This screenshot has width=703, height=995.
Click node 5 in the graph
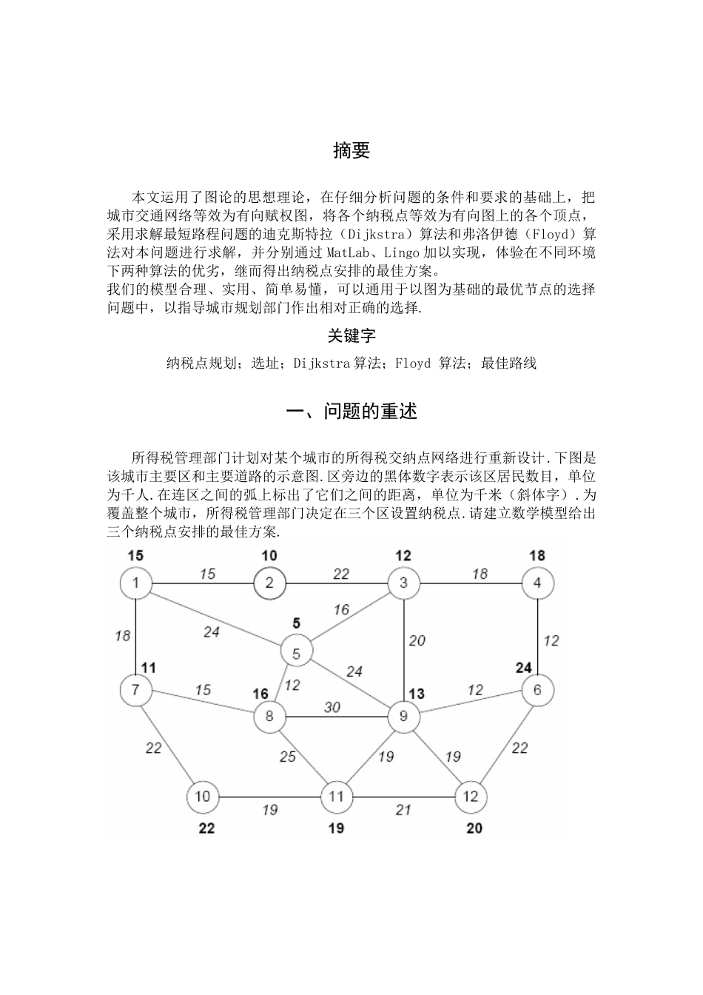(x=297, y=653)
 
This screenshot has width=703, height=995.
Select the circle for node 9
(x=403, y=717)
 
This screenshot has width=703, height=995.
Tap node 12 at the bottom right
(x=471, y=797)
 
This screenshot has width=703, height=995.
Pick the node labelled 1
(x=136, y=583)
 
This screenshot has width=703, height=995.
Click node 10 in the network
(x=203, y=797)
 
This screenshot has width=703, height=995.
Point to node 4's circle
(x=537, y=583)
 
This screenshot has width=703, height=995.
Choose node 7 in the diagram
(x=136, y=690)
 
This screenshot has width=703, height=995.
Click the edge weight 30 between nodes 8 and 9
(x=332, y=708)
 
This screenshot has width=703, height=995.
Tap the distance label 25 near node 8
(x=288, y=756)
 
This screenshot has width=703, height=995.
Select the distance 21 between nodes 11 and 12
(x=403, y=810)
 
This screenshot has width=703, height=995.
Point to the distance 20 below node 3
(x=417, y=640)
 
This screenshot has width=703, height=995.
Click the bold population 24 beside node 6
(x=524, y=668)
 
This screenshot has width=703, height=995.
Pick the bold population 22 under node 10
(x=206, y=828)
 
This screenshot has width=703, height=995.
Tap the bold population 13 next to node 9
(x=417, y=694)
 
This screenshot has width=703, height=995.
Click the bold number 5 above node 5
(x=297, y=623)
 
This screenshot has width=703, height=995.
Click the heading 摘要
(x=351, y=151)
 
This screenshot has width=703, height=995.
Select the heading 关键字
(x=351, y=336)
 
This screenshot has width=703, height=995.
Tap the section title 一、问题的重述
(x=351, y=412)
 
